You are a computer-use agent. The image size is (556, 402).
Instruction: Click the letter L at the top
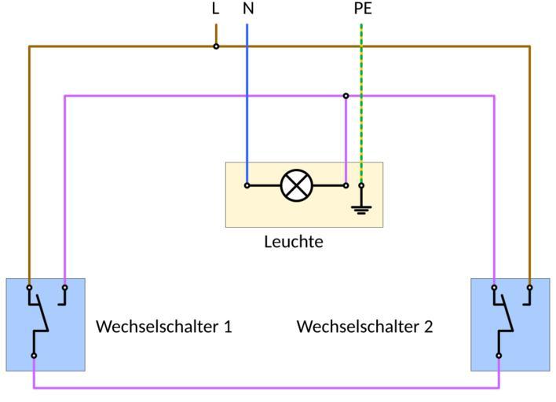pyautogui.click(x=216, y=9)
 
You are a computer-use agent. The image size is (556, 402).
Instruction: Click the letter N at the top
pyautogui.click(x=248, y=9)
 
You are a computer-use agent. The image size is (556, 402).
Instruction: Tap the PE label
pyautogui.click(x=362, y=9)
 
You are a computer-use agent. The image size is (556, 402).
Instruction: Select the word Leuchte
pyautogui.click(x=293, y=242)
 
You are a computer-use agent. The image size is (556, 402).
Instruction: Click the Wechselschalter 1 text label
pyautogui.click(x=163, y=326)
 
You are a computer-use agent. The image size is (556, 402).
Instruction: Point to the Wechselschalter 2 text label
pyautogui.click(x=364, y=326)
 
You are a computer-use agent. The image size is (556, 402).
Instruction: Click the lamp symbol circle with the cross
pyautogui.click(x=296, y=186)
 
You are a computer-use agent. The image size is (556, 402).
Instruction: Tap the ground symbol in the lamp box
pyautogui.click(x=361, y=206)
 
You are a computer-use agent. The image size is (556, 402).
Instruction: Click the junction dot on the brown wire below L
pyautogui.click(x=216, y=46)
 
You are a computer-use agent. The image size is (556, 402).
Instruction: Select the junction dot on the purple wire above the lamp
pyautogui.click(x=346, y=96)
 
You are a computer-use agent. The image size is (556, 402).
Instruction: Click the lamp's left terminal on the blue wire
pyautogui.click(x=247, y=186)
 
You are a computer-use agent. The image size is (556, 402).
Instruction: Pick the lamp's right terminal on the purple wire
pyautogui.click(x=346, y=186)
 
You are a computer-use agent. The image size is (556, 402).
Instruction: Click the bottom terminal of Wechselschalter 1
pyautogui.click(x=34, y=356)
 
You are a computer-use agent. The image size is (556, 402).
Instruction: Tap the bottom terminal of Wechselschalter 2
pyautogui.click(x=499, y=356)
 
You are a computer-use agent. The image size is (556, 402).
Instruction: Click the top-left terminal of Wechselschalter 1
pyautogui.click(x=29, y=287)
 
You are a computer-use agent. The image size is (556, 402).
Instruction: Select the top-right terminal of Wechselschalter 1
pyautogui.click(x=64, y=287)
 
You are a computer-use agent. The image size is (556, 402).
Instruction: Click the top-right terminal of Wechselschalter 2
pyautogui.click(x=529, y=287)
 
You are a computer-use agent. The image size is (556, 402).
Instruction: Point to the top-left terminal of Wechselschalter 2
pyautogui.click(x=494, y=287)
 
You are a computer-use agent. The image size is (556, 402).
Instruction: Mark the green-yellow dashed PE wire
pyautogui.click(x=361, y=71)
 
